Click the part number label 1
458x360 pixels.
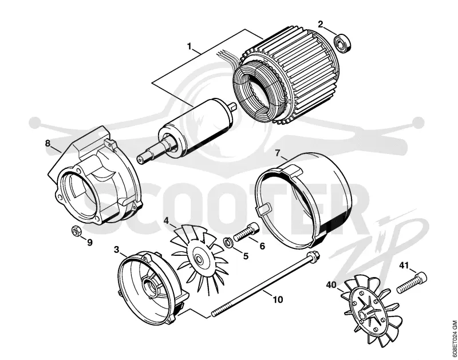(x=189, y=46)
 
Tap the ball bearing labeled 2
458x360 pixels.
(x=342, y=43)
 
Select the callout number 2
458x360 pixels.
(x=321, y=24)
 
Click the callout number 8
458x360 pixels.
(x=48, y=143)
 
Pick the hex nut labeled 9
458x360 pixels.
(x=76, y=231)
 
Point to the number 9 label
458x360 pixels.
(x=90, y=242)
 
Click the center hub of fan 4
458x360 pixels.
(x=199, y=259)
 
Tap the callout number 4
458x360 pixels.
(x=166, y=220)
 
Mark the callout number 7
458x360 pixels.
(x=277, y=152)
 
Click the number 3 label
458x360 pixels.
(x=117, y=250)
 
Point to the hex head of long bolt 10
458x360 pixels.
(x=314, y=256)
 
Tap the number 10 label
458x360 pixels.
(x=278, y=299)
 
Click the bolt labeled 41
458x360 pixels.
(x=411, y=282)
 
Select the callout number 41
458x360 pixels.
(x=404, y=265)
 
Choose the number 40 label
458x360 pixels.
(x=331, y=284)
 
